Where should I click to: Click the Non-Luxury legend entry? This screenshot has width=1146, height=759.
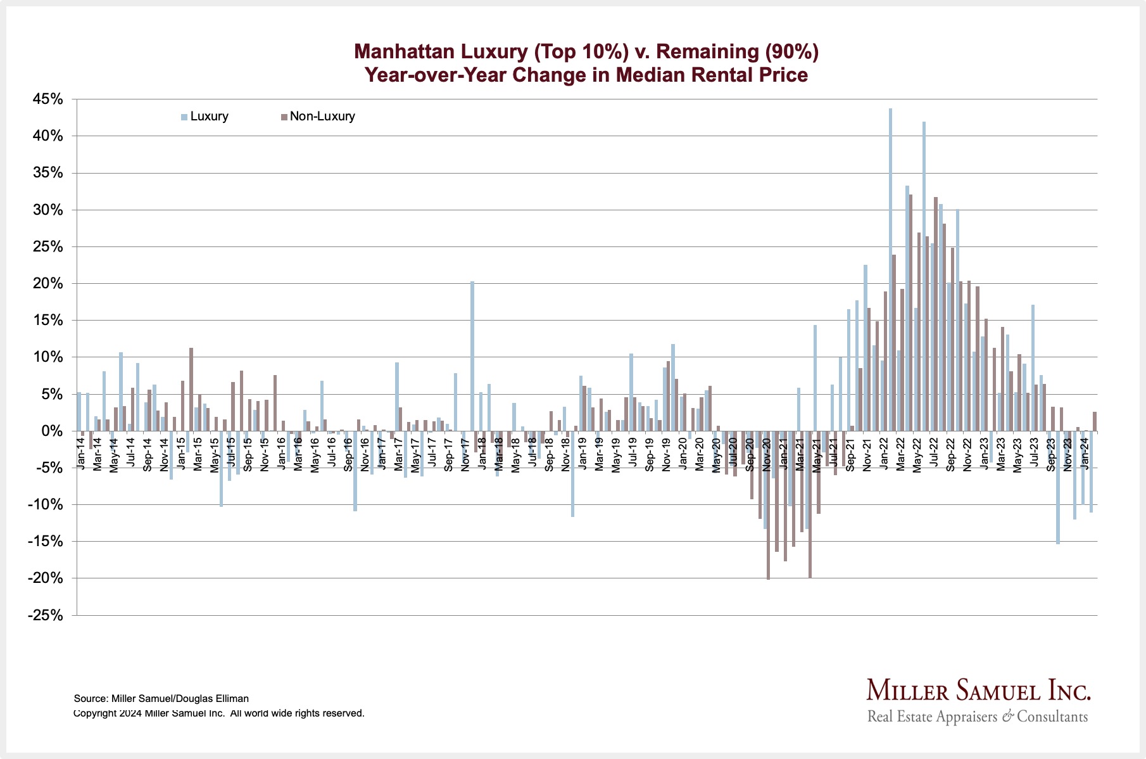pyautogui.click(x=322, y=117)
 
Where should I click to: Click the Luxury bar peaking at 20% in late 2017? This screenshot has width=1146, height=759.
pyautogui.click(x=472, y=355)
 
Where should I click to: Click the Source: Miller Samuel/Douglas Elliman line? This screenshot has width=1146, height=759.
pyautogui.click(x=161, y=699)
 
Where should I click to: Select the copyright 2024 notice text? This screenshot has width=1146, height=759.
pyautogui.click(x=219, y=713)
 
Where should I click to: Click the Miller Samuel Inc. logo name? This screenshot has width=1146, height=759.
pyautogui.click(x=978, y=690)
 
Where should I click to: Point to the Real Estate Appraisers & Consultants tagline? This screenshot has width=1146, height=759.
pyautogui.click(x=978, y=717)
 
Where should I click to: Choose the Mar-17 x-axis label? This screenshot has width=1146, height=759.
pyautogui.click(x=399, y=454)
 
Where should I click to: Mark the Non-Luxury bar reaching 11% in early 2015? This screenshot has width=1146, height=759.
pyautogui.click(x=191, y=389)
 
